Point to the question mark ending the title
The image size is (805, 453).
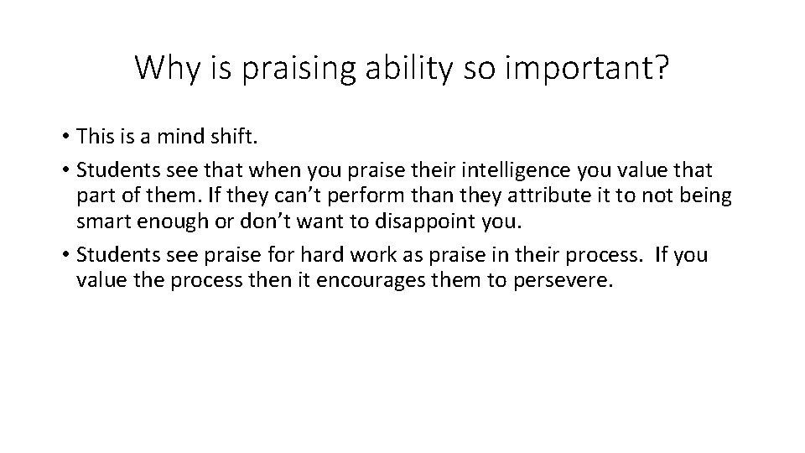tap(661, 68)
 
